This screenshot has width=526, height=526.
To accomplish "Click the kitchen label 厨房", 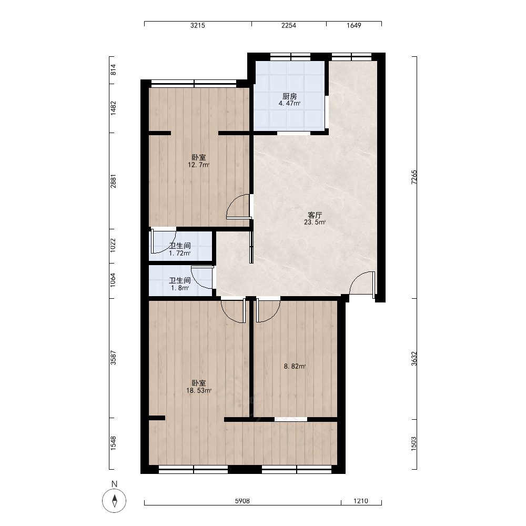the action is click(289, 97).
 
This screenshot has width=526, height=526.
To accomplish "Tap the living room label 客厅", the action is click(315, 215).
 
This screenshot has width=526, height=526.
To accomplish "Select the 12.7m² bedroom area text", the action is click(199, 165).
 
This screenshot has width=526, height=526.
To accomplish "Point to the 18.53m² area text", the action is click(199, 390).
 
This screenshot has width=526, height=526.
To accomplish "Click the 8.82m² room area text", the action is click(295, 366).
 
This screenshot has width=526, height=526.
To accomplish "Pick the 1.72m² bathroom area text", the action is click(180, 254).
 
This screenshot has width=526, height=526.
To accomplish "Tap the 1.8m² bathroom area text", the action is click(180, 288).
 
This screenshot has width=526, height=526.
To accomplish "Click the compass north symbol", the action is click(114, 501).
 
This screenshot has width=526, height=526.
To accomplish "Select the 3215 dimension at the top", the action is click(198, 25).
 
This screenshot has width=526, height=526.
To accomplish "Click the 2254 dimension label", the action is click(288, 25).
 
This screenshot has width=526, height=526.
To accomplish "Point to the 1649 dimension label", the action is click(353, 25).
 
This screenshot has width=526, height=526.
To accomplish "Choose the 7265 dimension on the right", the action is click(414, 177).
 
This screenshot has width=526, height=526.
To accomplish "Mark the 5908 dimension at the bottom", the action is click(242, 501).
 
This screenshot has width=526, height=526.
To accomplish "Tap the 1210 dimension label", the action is click(361, 501).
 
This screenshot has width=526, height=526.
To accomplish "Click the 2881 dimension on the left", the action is click(114, 181).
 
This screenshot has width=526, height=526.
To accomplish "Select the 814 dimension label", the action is click(114, 69).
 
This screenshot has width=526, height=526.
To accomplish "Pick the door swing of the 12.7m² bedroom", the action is click(238, 206).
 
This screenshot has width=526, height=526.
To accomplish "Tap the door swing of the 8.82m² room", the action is click(268, 310).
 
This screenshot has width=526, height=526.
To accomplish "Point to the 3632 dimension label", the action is click(414, 359).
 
